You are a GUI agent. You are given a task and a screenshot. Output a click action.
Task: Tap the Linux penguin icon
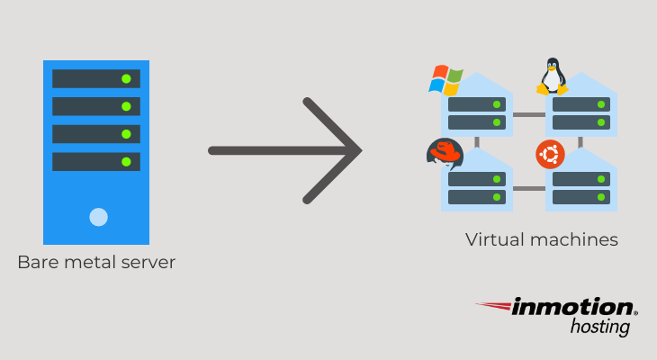point(552,77)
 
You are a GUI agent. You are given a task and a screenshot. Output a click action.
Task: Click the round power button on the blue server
point(98,217)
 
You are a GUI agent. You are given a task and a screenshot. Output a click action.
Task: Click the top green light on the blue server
point(126,78)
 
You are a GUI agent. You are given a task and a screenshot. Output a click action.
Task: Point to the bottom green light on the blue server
point(126,162)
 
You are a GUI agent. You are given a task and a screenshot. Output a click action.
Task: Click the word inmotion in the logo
point(572,309)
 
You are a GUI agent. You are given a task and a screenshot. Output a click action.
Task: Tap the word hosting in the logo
point(600,328)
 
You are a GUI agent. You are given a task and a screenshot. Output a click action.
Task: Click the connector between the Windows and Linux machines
point(528,114)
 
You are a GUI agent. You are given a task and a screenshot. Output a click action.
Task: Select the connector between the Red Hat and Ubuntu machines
point(528,188)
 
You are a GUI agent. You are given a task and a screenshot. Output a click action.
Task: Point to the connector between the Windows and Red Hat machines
point(477,141)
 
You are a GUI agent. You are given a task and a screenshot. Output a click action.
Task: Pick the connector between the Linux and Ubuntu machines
point(580,141)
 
